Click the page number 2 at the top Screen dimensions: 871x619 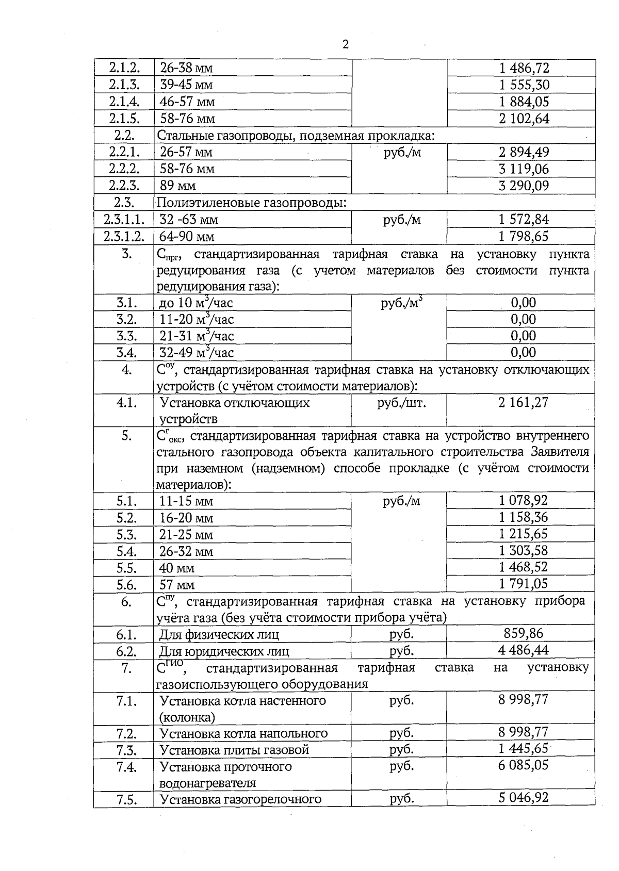pos(346,44)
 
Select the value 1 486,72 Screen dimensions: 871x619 pos(524,68)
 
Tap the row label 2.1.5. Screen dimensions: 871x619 pos(124,119)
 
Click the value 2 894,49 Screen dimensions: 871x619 pos(524,152)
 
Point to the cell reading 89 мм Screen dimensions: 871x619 pos(177,186)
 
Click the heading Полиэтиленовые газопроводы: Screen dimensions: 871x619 pos(251,203)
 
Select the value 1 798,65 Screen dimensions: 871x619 pos(524,236)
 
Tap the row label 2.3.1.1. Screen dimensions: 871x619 pos(124,220)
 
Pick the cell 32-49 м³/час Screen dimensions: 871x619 pos(197,353)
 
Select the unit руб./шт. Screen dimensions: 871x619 pos(402,403)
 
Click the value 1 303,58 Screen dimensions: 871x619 pos(524,550)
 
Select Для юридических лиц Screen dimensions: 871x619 pos(224,651)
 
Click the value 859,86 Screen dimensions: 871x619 pos(524,633)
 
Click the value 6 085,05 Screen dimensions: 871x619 pos(524,765)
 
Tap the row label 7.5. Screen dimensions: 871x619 pos(126,800)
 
